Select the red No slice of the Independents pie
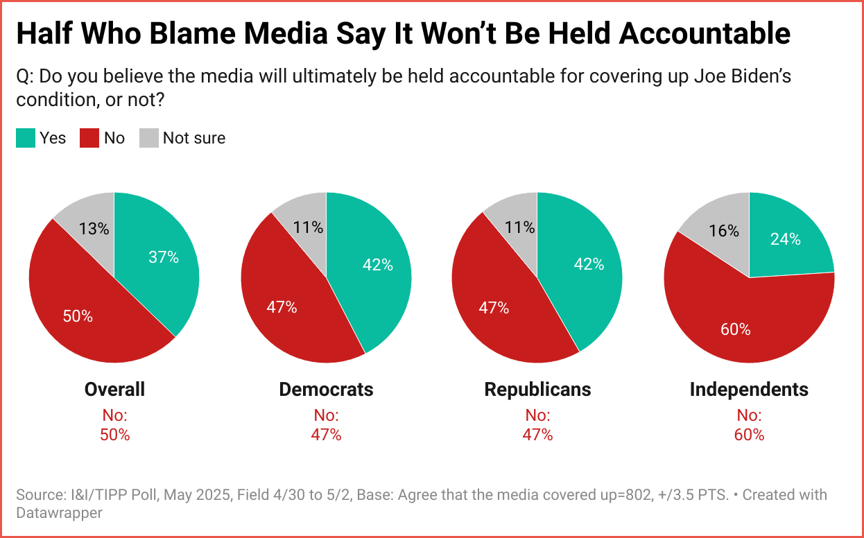[749, 326]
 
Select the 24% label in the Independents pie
[786, 239]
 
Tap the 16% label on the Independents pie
[724, 231]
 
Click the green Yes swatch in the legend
[26, 138]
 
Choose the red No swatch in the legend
[89, 138]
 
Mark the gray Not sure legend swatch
[149, 138]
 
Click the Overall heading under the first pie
[114, 390]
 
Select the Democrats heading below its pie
[326, 390]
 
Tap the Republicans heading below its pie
[537, 390]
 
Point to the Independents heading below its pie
[749, 390]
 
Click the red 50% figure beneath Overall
[114, 435]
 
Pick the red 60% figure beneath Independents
[749, 435]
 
